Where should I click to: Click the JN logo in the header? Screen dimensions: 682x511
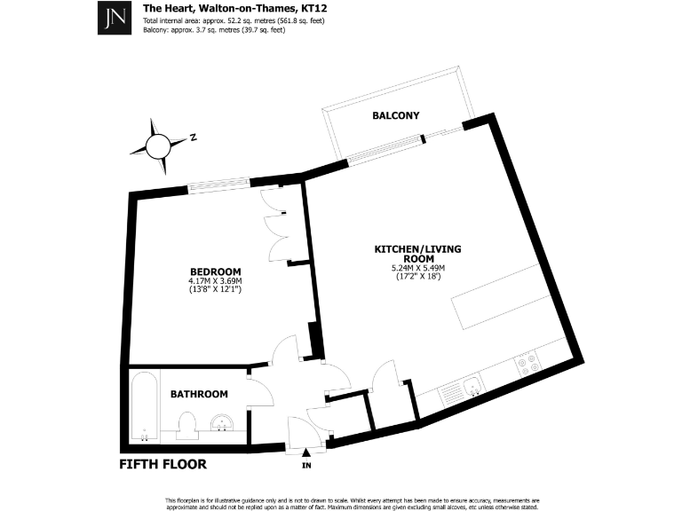point(115,18)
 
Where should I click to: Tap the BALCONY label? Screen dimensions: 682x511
point(396,115)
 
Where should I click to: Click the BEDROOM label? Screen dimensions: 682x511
point(215,272)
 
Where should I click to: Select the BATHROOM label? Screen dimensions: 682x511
point(199,394)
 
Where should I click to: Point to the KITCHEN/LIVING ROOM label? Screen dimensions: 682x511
point(417,254)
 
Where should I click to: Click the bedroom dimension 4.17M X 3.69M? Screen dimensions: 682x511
point(215,280)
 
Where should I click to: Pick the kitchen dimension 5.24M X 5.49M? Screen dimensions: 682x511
point(418,268)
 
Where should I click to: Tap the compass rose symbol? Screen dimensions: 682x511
point(158,146)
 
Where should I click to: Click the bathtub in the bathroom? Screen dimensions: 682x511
point(145,406)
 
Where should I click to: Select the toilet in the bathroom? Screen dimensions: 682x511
point(187,425)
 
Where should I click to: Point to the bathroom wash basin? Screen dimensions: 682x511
point(222,423)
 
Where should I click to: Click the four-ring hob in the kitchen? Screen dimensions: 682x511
point(527,364)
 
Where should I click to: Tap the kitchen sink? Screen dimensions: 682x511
point(472,386)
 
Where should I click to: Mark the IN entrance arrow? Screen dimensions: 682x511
point(306,452)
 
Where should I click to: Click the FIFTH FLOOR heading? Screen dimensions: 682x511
point(163,464)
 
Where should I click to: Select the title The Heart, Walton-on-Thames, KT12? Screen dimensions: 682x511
point(234,8)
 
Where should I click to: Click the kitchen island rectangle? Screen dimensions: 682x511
point(503,296)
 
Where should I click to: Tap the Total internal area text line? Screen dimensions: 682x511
point(234,21)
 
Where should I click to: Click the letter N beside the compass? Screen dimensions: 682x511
point(193,138)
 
